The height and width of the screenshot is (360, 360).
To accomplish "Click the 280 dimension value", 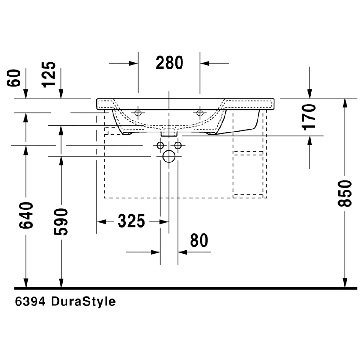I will coord(169,63).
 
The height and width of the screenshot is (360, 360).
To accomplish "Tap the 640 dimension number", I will coord(26,215).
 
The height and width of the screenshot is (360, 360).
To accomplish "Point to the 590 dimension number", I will coord(62,221).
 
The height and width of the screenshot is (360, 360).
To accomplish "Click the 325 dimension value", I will coord(132,221).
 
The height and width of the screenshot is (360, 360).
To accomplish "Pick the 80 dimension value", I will coord(199,241).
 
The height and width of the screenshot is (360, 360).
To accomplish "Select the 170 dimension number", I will coord(310,116).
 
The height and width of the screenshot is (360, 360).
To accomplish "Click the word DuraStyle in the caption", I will coord(83,302).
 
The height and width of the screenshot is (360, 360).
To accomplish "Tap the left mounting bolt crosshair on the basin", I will coord(138,113).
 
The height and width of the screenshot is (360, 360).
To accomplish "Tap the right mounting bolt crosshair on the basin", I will coord(199,113).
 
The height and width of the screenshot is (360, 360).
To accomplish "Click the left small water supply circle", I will coord(160,146).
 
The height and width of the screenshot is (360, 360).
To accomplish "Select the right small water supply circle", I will coord(178,146).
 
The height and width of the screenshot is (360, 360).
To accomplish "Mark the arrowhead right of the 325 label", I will coord(164,221).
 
